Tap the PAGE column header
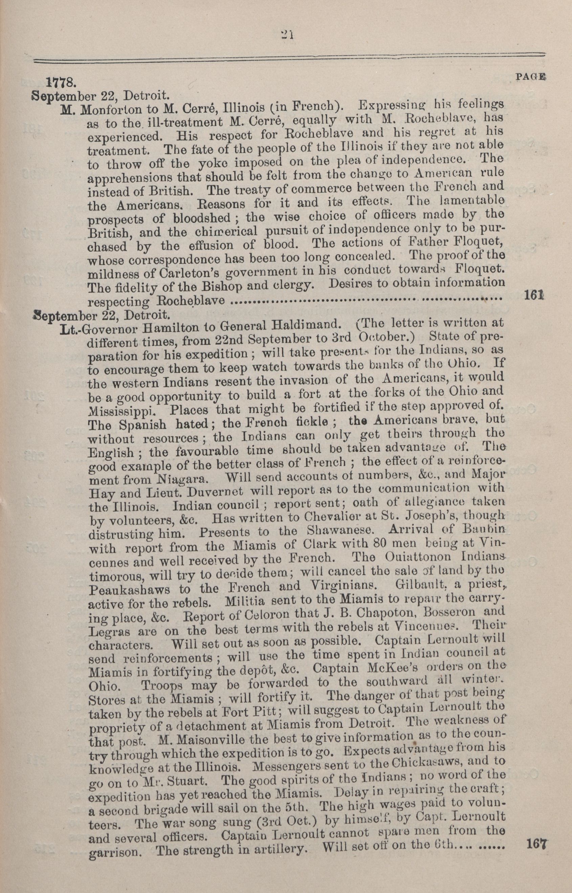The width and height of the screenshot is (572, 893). coord(530,77)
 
